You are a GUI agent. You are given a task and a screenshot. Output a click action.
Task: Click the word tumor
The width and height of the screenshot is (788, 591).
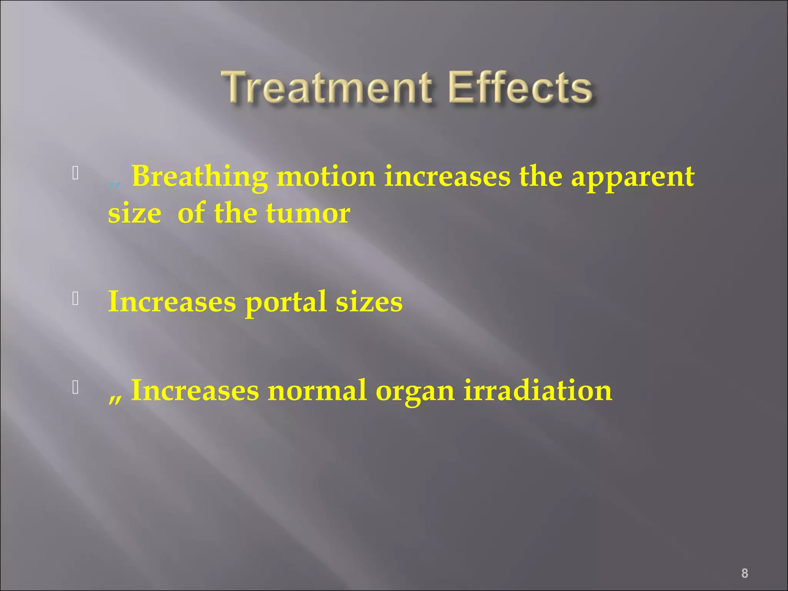(308, 214)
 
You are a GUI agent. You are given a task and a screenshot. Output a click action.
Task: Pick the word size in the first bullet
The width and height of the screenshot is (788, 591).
(134, 214)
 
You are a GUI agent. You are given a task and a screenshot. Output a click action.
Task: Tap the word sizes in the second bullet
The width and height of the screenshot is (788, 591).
(369, 302)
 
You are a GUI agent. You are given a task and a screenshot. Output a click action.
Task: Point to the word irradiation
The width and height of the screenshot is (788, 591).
(538, 391)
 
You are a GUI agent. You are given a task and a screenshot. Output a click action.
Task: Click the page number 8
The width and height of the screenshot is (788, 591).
(745, 563)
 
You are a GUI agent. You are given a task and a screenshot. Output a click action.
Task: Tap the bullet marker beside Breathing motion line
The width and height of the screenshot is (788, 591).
(75, 174)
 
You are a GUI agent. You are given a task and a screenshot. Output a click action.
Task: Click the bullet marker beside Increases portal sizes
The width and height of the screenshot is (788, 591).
(75, 299)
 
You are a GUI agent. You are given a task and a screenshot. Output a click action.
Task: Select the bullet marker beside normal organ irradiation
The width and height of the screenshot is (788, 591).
(75, 387)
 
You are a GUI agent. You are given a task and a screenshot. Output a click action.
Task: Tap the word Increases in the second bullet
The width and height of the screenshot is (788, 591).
(172, 302)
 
